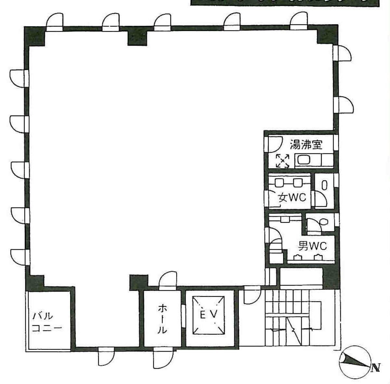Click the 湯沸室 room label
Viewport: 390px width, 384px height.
coord(306,145)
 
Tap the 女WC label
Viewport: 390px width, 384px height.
coord(292,198)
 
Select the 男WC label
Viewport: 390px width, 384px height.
coord(312,246)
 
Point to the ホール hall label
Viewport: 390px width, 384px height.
coord(162,318)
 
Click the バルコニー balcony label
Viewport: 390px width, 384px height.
coord(47,322)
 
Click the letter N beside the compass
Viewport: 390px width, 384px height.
coord(376,368)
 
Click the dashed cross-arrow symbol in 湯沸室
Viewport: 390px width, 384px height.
coord(282,161)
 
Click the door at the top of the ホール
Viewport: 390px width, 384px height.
coord(167,280)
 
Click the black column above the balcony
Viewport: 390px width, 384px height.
coord(35,282)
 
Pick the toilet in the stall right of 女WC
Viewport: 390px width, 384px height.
coord(324,185)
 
